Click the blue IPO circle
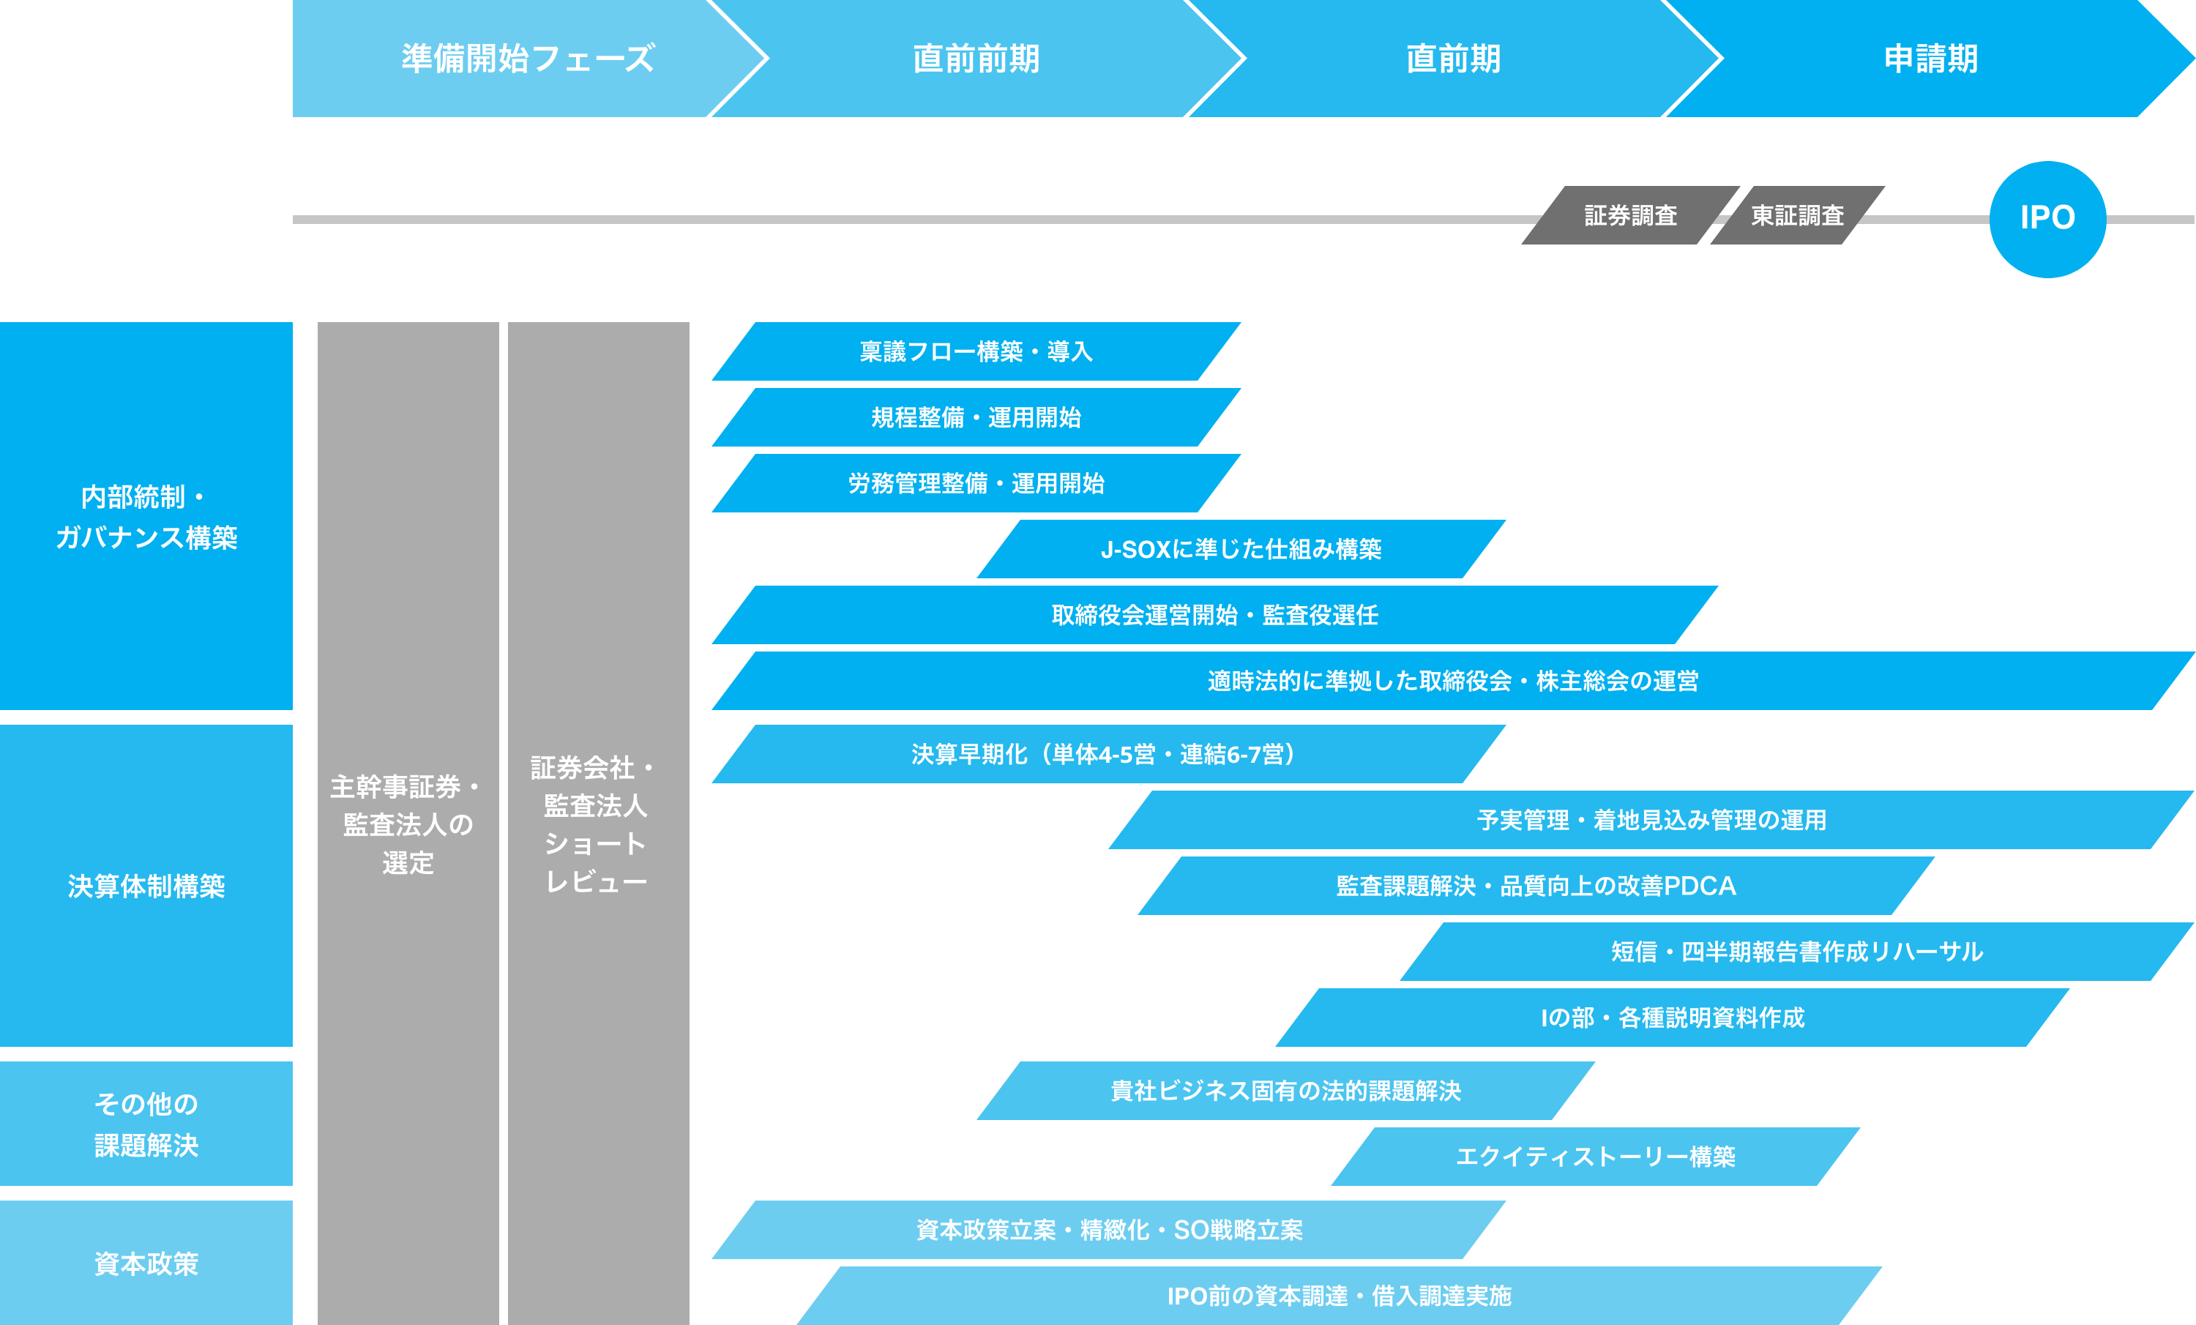pos(2047,218)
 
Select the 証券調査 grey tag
pos(1630,216)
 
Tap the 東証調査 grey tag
pos(1797,216)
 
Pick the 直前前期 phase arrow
pos(976,59)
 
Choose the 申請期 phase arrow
pos(1930,59)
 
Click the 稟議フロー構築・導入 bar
pos(976,352)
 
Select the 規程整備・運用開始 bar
pos(976,417)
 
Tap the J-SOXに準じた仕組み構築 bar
pos(1241,549)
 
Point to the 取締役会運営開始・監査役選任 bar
pos(1214,615)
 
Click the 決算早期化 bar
pos(1108,754)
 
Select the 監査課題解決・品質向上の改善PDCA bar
pos(1536,886)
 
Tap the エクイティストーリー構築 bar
pos(1595,1157)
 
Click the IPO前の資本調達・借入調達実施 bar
pos(1339,1296)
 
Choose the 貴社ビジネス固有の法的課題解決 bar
pos(1285,1091)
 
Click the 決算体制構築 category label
pos(146,886)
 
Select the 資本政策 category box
pos(146,1264)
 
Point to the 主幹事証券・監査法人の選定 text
pos(407,824)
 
